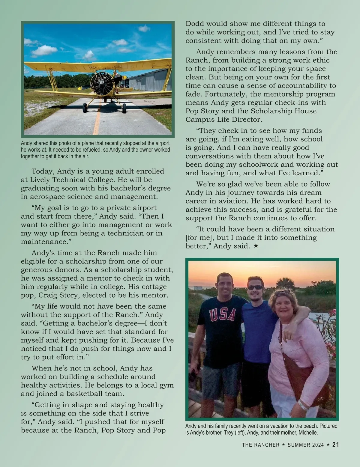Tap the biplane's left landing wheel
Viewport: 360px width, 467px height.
[85, 108]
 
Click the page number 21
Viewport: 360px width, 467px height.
[336, 445]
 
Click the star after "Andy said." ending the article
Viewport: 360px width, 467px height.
[256, 246]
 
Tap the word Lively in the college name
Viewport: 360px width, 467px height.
[40, 180]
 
